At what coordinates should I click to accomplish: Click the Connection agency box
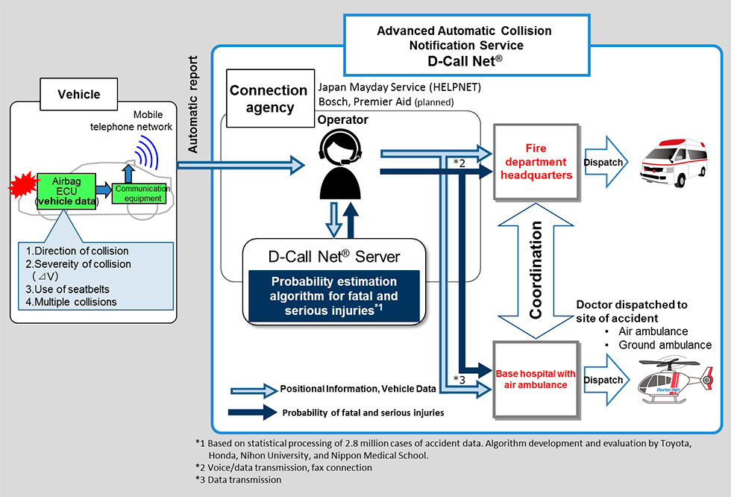(269, 99)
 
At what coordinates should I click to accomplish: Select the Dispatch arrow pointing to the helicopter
(603, 380)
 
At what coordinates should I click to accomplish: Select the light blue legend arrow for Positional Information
(254, 389)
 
